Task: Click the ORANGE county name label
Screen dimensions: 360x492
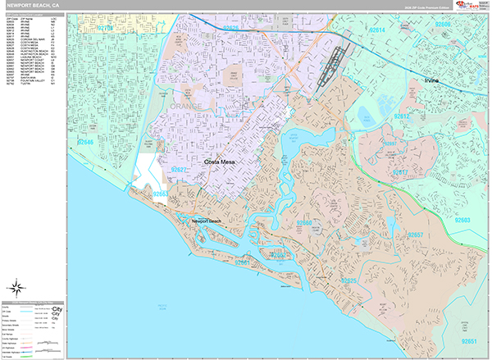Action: click(184, 107)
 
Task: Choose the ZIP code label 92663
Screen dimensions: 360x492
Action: click(162, 194)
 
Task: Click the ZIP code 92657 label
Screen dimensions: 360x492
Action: click(415, 235)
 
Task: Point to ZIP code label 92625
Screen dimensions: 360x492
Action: click(348, 281)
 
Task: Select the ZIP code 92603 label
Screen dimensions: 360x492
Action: click(464, 220)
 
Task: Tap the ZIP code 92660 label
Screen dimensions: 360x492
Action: click(304, 223)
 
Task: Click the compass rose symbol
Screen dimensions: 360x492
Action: click(17, 288)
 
